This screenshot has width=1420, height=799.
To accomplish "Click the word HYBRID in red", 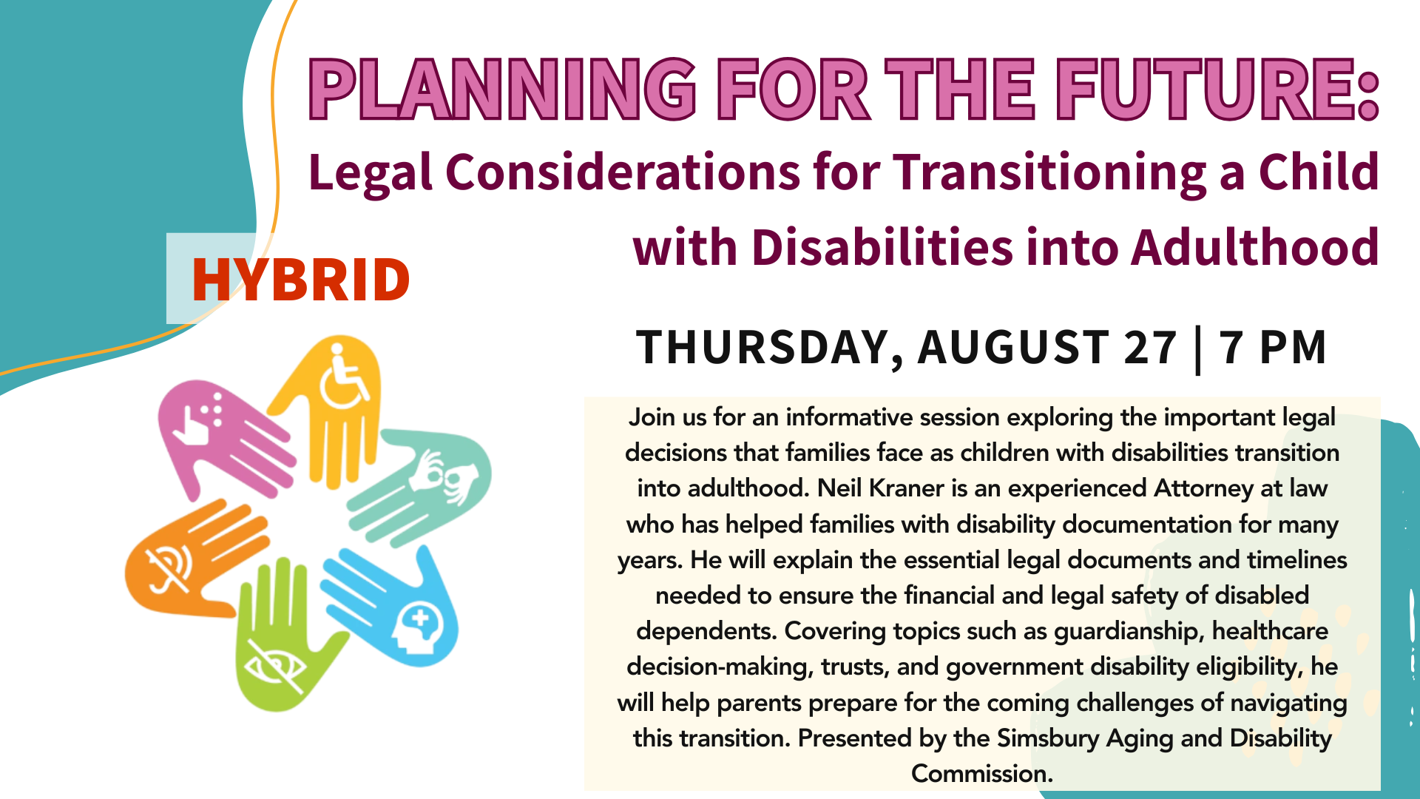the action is pos(300,280).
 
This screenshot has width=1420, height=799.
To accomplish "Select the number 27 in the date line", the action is pos(1150,348).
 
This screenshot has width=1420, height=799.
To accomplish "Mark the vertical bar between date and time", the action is pos(1198,350).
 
